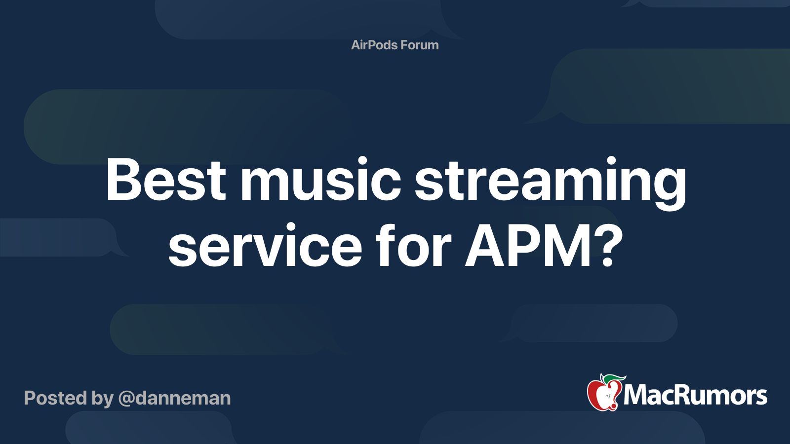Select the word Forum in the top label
point(419,45)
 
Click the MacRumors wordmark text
point(695,395)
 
